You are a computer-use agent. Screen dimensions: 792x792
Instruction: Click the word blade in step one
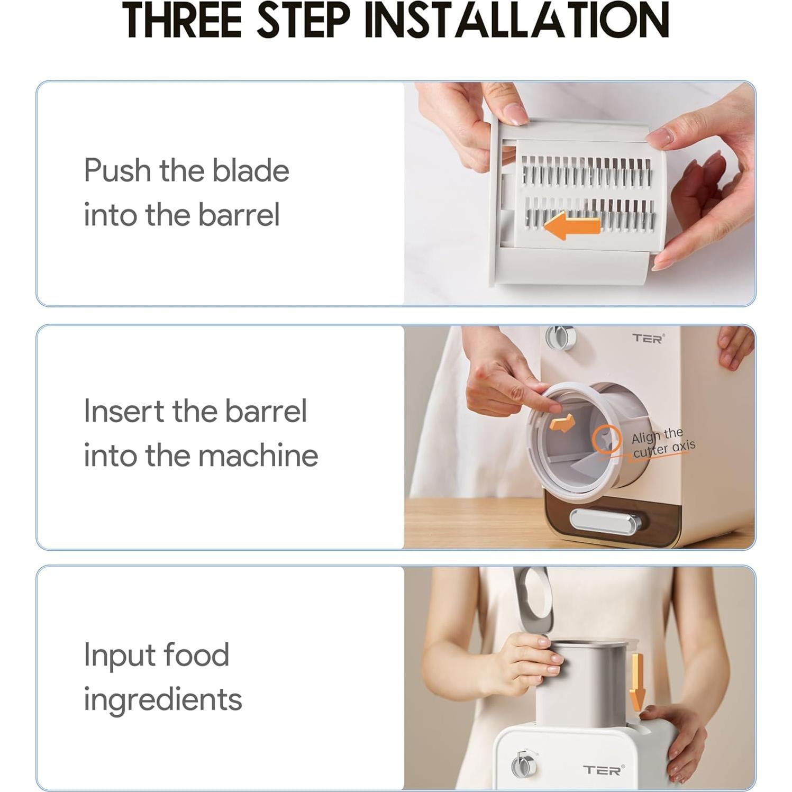pos(250,170)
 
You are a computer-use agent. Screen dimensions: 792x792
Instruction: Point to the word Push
pos(117,170)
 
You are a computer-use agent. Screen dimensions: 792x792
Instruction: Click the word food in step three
pos(196,655)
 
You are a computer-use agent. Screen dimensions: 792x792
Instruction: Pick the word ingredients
pos(162,699)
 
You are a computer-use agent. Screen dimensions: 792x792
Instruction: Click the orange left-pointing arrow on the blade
pos(571,226)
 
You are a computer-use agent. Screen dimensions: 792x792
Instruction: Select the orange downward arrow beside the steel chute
pos(637,682)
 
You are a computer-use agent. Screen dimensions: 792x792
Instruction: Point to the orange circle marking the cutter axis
pos(606,440)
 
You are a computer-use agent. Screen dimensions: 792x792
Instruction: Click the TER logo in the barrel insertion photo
pos(648,338)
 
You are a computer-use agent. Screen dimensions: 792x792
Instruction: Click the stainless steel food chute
pos(582,682)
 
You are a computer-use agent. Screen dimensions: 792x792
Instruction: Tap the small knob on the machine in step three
pos(524,765)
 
